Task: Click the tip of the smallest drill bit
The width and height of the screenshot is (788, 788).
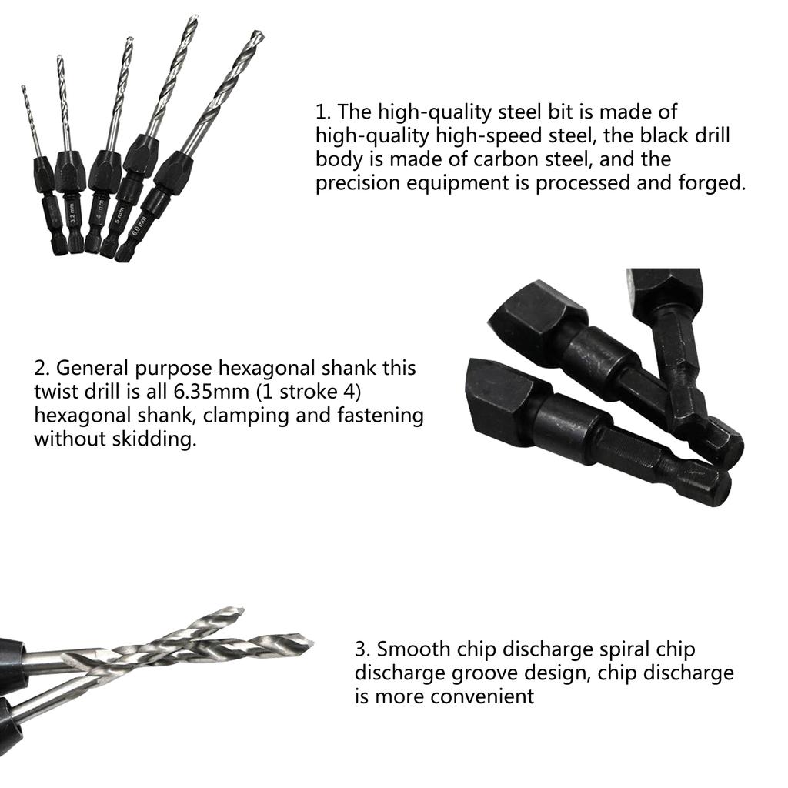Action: coord(23,88)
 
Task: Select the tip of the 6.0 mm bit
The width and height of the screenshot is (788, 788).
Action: coord(259,34)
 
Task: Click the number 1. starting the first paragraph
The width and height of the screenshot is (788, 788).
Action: coord(323,112)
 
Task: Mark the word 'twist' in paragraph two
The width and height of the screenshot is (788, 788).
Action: coord(57,392)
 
